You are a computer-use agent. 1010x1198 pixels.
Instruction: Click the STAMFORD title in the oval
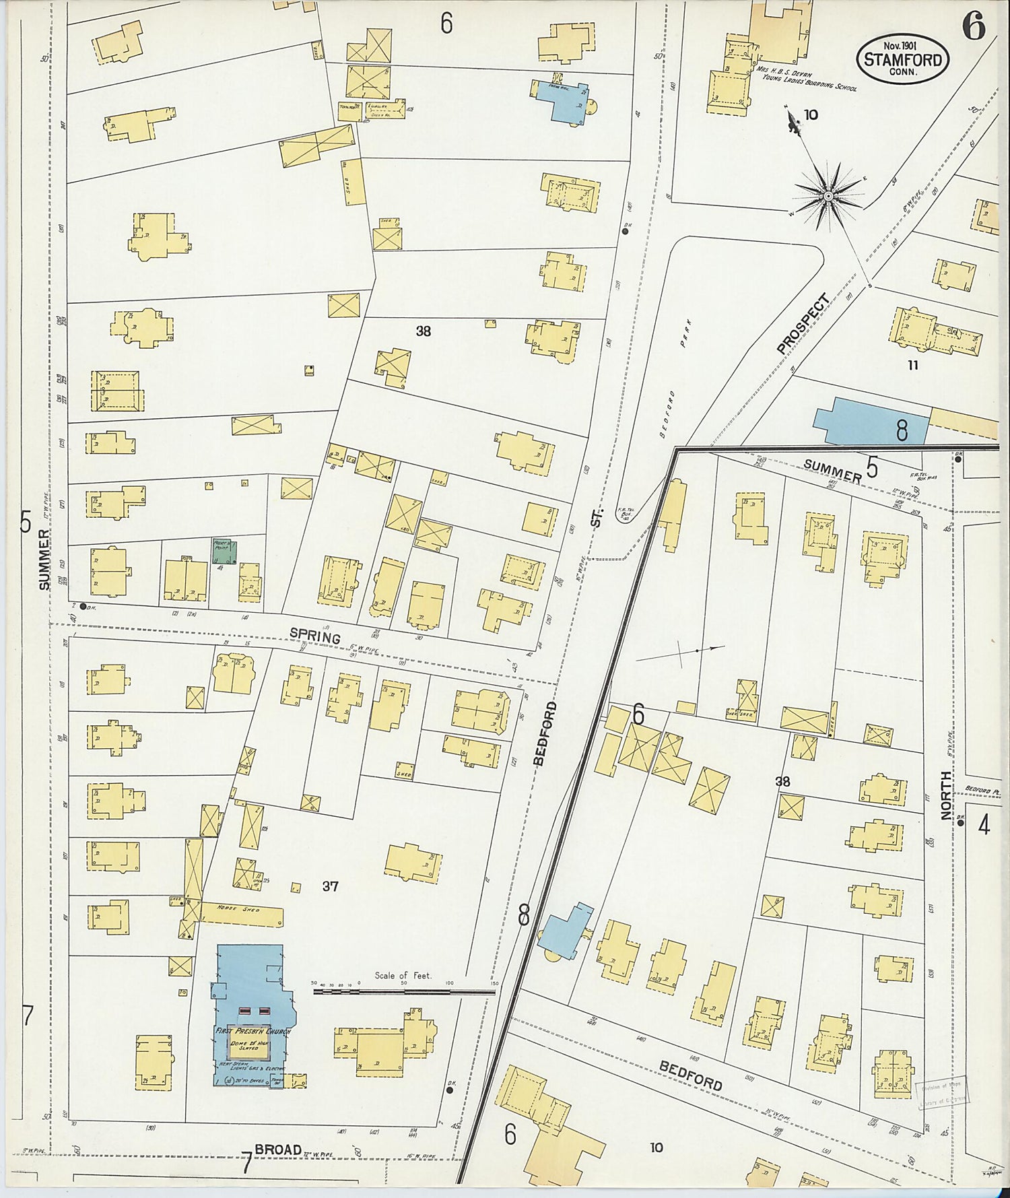[x=902, y=60]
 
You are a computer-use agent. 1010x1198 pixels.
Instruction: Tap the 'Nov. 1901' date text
[x=902, y=45]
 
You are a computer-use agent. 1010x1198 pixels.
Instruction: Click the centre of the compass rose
[x=828, y=195]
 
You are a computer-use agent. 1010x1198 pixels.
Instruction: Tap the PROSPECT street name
[x=801, y=324]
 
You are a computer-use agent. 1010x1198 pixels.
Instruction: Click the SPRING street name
[x=315, y=635]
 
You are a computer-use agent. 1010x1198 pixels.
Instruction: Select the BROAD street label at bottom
[x=277, y=1151]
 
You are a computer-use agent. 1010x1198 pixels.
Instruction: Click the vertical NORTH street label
[x=947, y=795]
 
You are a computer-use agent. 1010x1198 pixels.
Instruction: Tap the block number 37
[x=330, y=887]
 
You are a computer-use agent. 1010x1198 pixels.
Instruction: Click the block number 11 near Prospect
[x=913, y=366]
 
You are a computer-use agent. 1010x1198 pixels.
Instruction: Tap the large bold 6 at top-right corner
[x=973, y=28]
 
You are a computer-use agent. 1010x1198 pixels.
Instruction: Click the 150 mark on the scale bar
[x=494, y=984]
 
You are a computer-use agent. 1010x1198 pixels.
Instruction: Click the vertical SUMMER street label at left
[x=44, y=560]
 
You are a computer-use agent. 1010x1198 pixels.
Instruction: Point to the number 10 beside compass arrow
[x=811, y=114]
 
